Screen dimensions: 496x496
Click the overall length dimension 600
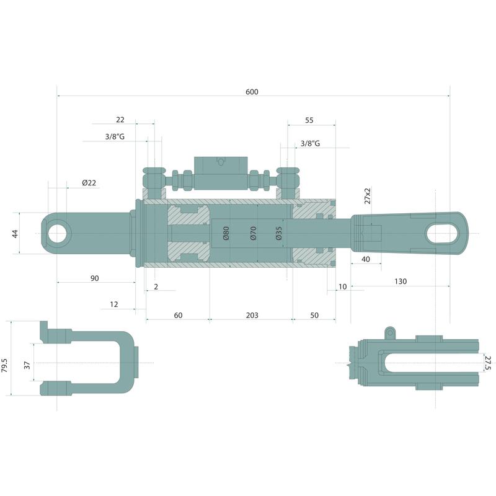[251, 92]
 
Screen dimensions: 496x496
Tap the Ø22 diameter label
[89, 183]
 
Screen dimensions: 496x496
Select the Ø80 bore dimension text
[226, 233]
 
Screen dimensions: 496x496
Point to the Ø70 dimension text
[253, 233]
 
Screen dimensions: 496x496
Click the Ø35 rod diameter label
[279, 233]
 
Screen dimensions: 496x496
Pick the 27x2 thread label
[367, 196]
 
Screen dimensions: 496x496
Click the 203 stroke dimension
[252, 316]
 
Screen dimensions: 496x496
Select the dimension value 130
[400, 281]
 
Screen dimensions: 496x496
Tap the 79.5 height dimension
[5, 365]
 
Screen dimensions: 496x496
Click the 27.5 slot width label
[487, 363]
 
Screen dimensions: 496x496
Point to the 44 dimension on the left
[15, 233]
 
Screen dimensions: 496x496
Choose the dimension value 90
[94, 278]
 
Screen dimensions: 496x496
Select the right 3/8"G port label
[310, 143]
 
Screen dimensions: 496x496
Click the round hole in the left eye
[60, 233]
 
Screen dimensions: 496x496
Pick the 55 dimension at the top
[309, 120]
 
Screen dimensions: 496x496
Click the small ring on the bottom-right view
[390, 332]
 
